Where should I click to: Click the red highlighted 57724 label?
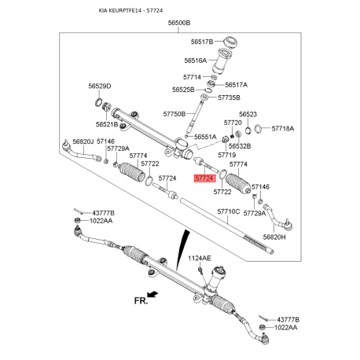pyautogui.click(x=204, y=178)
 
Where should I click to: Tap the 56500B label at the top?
pyautogui.click(x=179, y=23)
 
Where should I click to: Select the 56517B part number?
pyautogui.click(x=202, y=42)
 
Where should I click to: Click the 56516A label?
pyautogui.click(x=196, y=61)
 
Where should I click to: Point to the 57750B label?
pyautogui.click(x=174, y=114)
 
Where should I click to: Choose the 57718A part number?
pyautogui.click(x=283, y=128)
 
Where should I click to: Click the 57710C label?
pyautogui.click(x=229, y=211)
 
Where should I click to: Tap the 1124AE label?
pyautogui.click(x=200, y=259)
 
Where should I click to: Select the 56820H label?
pyautogui.click(x=274, y=237)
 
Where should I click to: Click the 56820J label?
pyautogui.click(x=83, y=141)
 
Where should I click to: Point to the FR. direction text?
pyautogui.click(x=141, y=300)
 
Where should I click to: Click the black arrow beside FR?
pyautogui.click(x=152, y=294)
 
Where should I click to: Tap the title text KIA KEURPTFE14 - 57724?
pyautogui.click(x=130, y=10)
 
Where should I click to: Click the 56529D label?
pyautogui.click(x=100, y=86)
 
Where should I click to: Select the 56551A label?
pyautogui.click(x=205, y=137)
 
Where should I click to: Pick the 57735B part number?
pyautogui.click(x=229, y=97)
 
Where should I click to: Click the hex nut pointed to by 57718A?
pyautogui.click(x=258, y=128)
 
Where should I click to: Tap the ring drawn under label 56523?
pyautogui.click(x=248, y=130)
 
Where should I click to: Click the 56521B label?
pyautogui.click(x=107, y=124)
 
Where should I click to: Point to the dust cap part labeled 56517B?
pyautogui.click(x=230, y=42)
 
